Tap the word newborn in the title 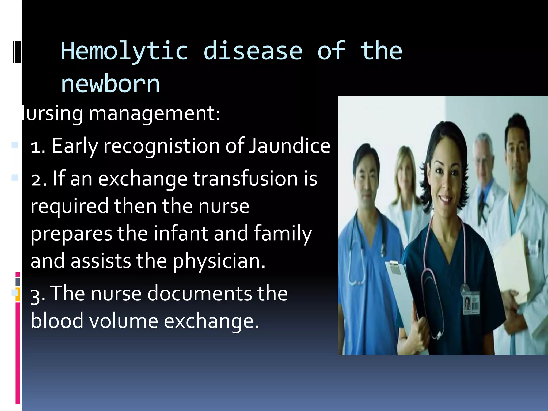pyautogui.click(x=110, y=84)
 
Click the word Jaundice pyautogui.click(x=290, y=146)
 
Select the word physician pyautogui.click(x=219, y=261)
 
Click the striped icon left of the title pyautogui.click(x=17, y=51)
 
